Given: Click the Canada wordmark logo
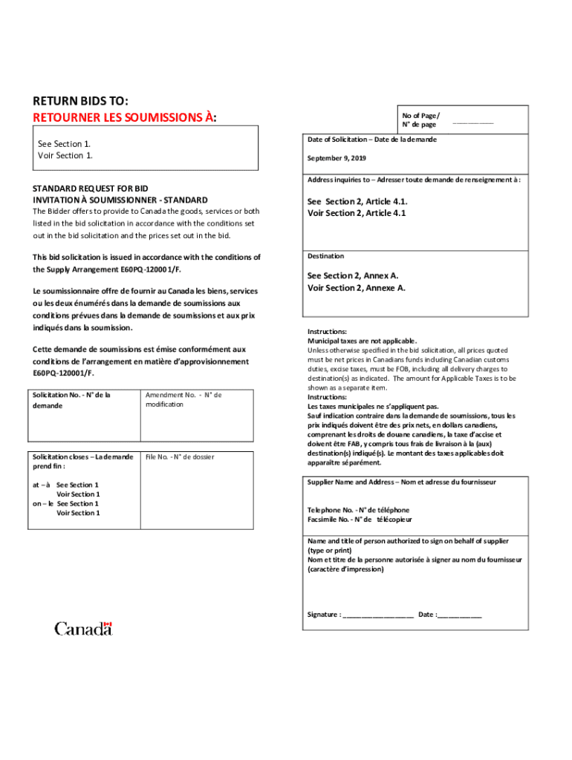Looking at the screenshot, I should click(x=83, y=629).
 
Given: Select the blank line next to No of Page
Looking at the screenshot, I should click(x=472, y=122).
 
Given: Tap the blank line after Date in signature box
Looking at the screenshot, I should click(x=460, y=615).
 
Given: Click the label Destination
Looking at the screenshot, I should click(x=326, y=256).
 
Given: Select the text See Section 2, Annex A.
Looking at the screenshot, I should click(x=353, y=275).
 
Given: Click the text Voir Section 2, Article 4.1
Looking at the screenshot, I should click(x=357, y=213).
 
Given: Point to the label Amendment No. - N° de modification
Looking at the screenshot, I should click(x=183, y=399).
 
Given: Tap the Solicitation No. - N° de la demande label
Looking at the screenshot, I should click(x=71, y=400).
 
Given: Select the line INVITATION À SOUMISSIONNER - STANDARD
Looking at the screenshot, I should click(x=120, y=200).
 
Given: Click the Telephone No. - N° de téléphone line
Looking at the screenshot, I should click(x=358, y=510).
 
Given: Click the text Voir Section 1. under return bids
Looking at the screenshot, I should click(x=65, y=155).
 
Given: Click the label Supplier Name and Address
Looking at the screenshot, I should click(x=353, y=482).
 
